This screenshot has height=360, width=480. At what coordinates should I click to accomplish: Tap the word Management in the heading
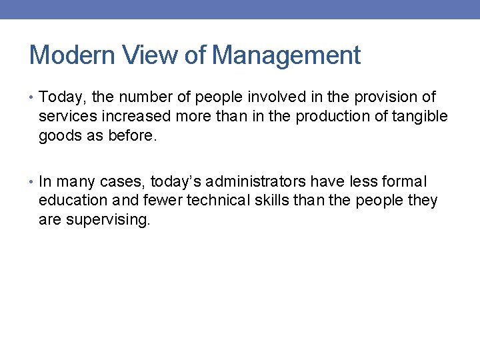pos(286,55)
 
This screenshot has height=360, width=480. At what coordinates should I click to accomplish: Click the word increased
pos(140,117)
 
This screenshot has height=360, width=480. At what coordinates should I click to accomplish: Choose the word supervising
pos(108,220)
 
